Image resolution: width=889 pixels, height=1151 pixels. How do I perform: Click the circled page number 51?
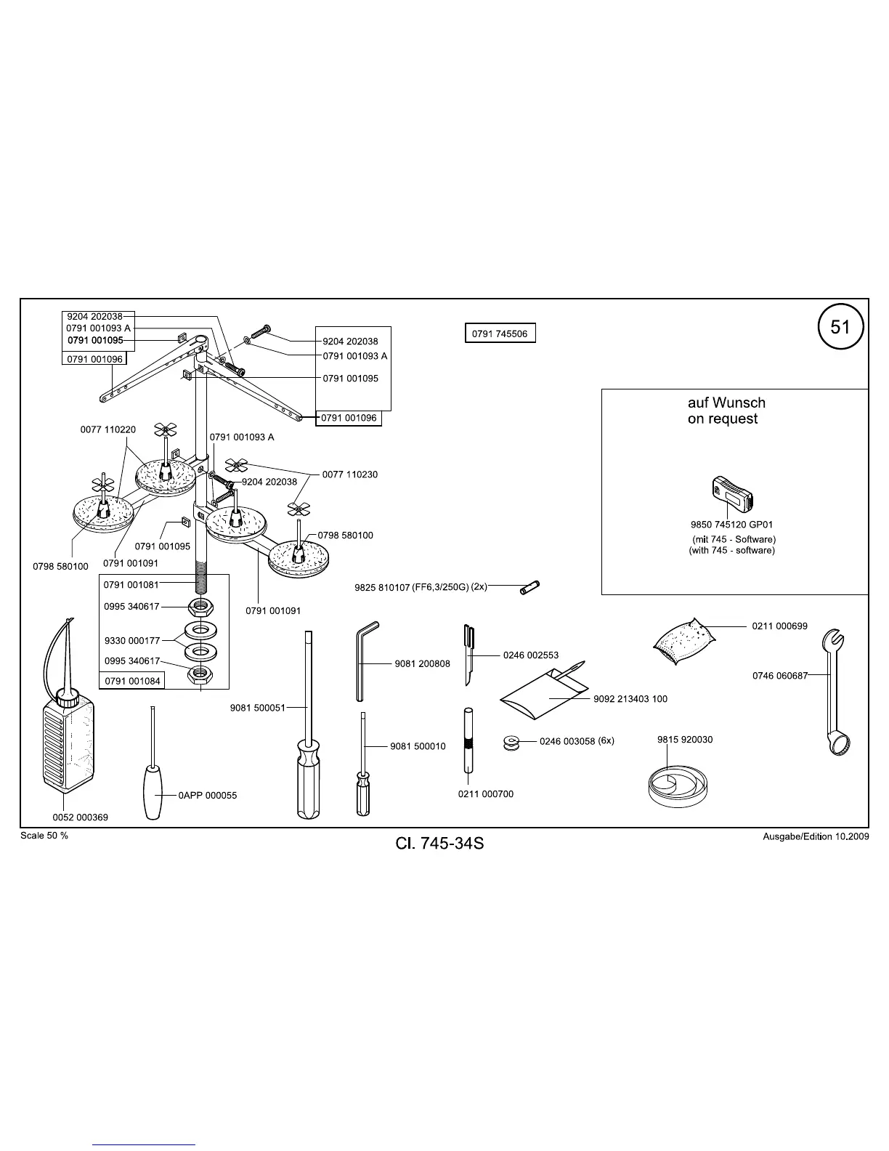(x=840, y=327)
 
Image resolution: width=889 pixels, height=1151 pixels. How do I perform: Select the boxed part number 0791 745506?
(x=500, y=334)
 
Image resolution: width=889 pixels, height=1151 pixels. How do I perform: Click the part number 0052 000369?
(x=80, y=817)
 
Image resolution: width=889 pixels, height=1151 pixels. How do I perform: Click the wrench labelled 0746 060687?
(x=836, y=690)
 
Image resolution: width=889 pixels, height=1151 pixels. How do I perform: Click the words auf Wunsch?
(x=726, y=403)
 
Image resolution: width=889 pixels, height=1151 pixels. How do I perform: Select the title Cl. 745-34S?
(x=439, y=844)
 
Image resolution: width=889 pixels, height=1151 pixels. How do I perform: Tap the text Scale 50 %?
(x=44, y=836)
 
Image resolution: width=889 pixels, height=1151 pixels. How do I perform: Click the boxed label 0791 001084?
(x=131, y=681)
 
